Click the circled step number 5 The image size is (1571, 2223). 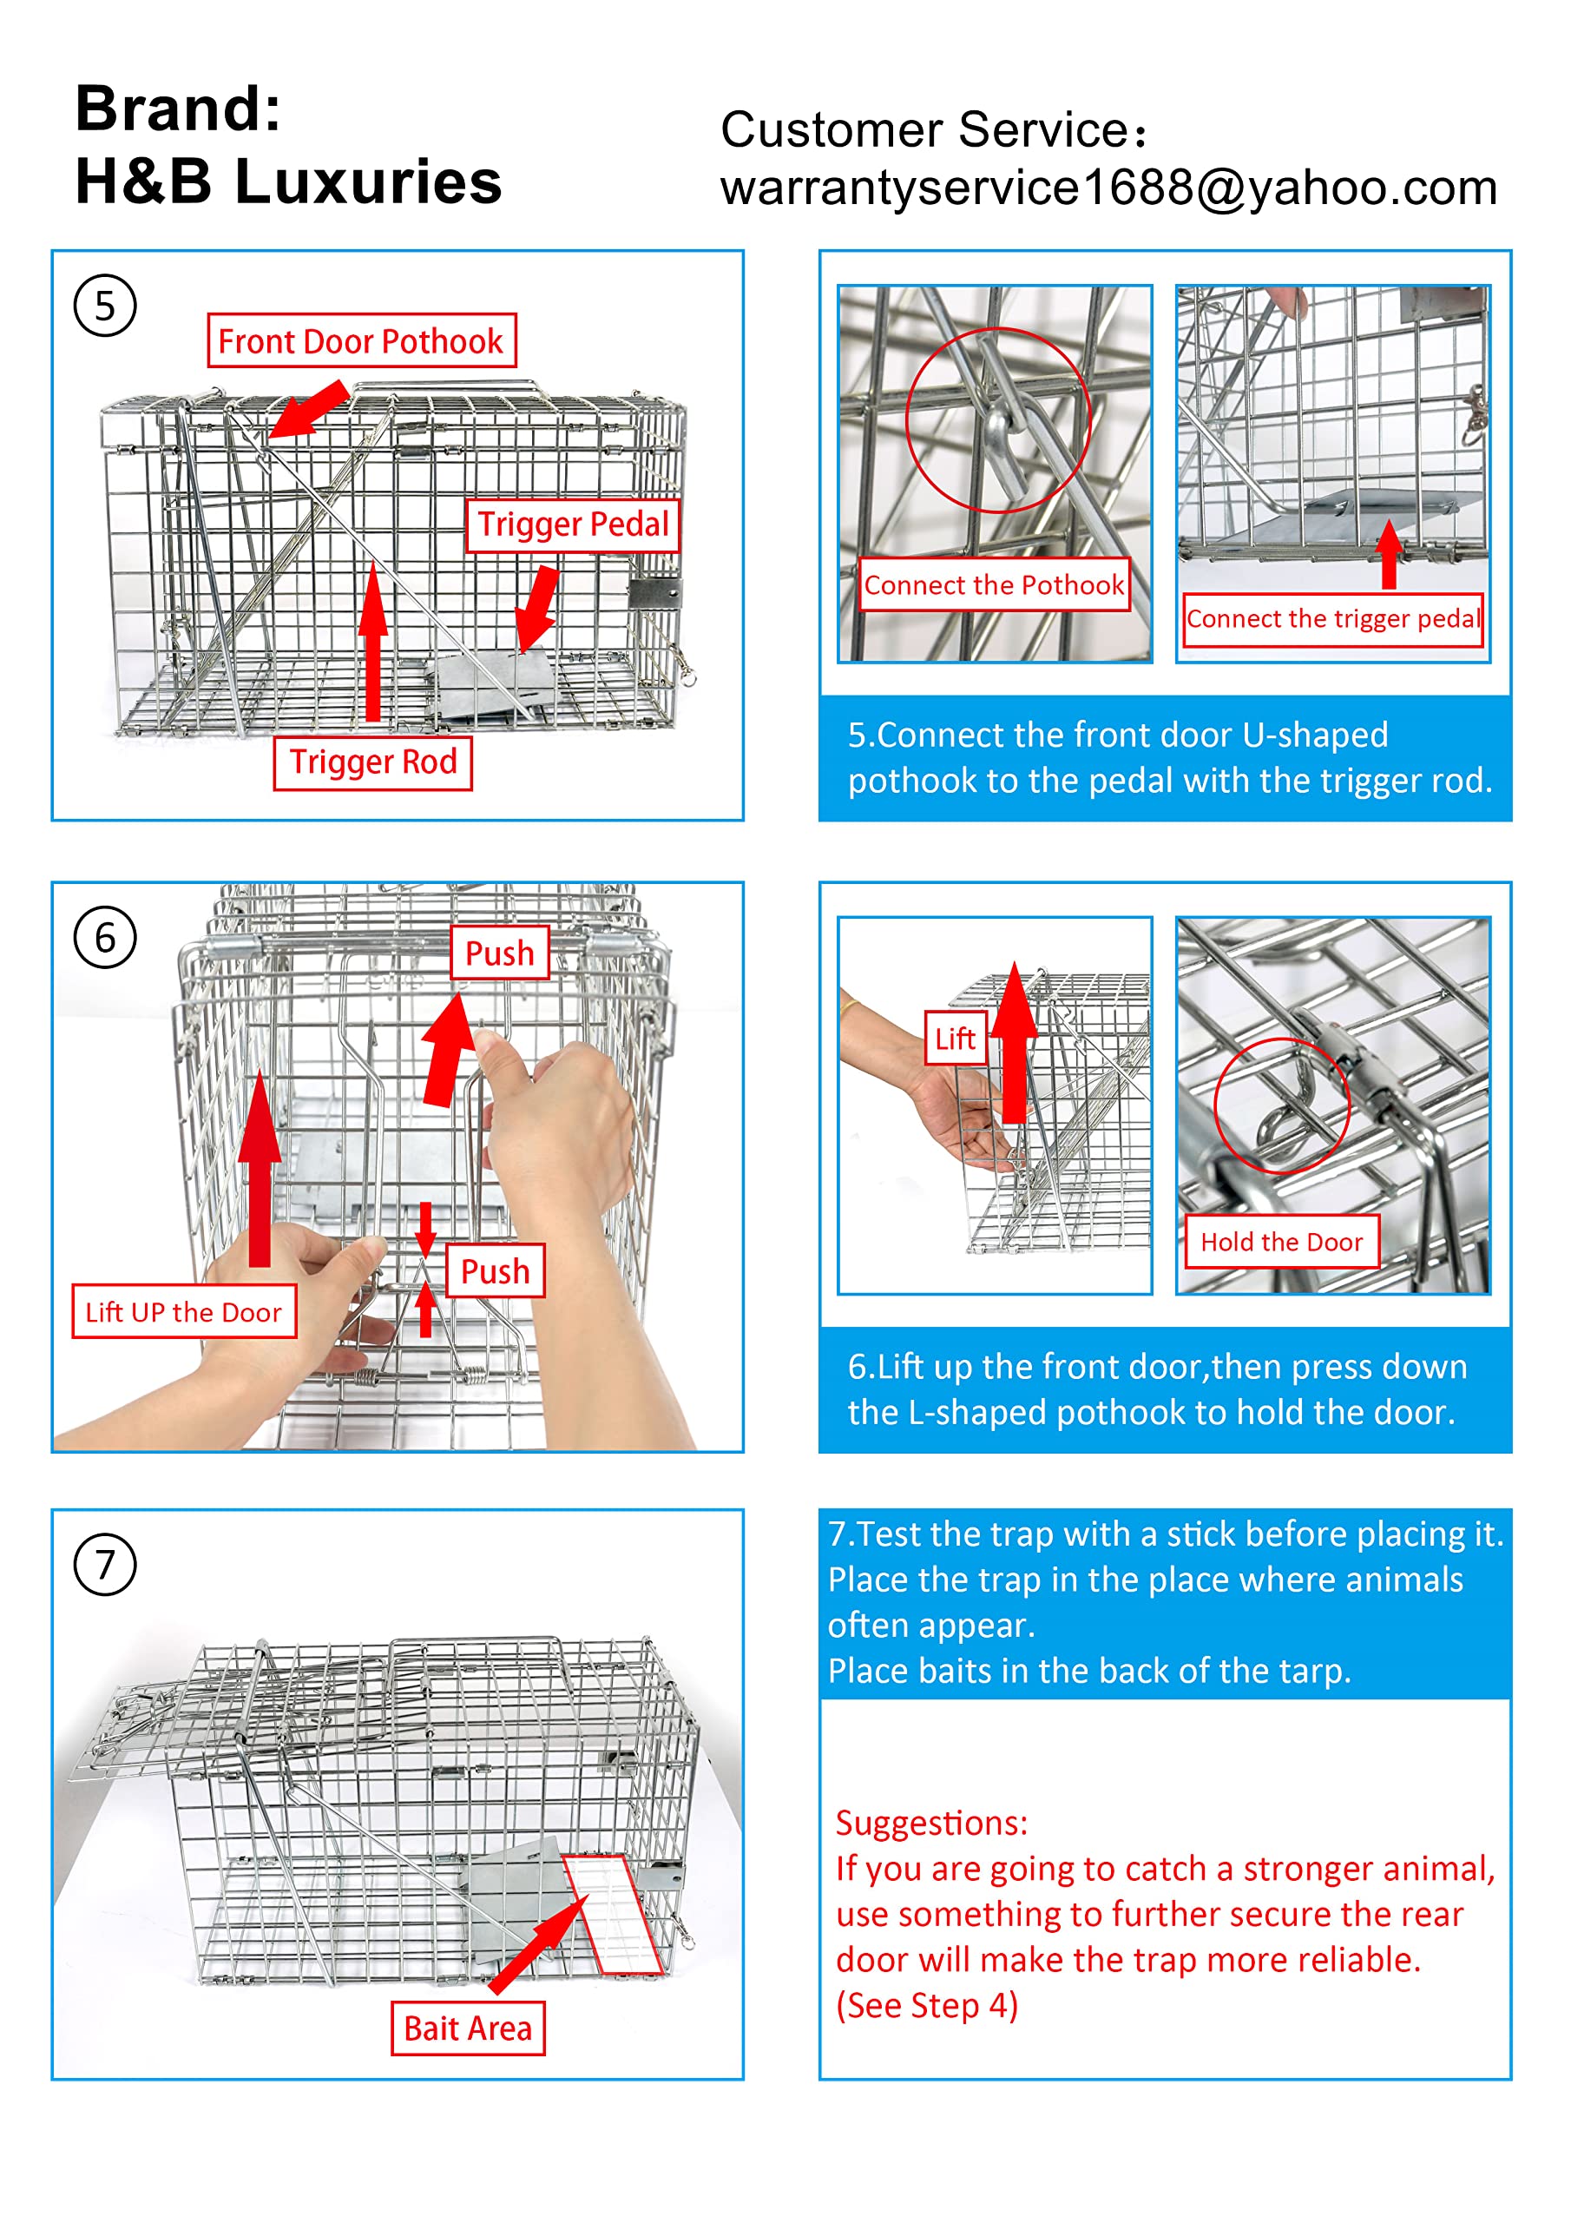104,306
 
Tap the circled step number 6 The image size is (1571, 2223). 104,937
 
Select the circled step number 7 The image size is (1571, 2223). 104,1565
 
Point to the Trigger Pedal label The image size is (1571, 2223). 573,524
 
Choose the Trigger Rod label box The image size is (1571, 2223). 372,763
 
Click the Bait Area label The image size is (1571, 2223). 468,2028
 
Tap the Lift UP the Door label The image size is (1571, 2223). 184,1312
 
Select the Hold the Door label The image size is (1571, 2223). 1282,1243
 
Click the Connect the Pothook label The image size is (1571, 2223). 994,584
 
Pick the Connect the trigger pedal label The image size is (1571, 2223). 1333,618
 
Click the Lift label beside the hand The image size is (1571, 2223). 955,1039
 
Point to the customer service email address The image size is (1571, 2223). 1108,188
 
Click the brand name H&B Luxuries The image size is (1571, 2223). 288,182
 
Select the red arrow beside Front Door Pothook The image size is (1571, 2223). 308,410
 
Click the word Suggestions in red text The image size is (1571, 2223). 931,1824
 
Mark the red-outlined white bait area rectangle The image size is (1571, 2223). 613,1914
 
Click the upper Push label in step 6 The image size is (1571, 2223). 499,953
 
